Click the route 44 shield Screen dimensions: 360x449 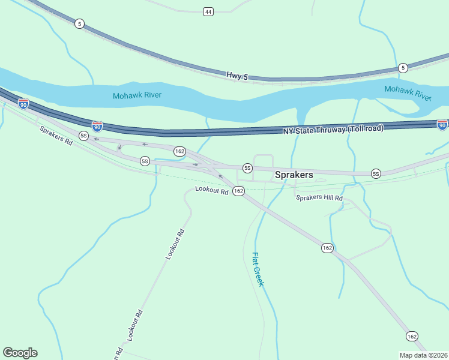pos(208,12)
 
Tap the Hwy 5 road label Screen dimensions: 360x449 pos(237,76)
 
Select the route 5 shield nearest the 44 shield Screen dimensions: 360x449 pos(80,24)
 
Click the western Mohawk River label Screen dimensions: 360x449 pos(137,95)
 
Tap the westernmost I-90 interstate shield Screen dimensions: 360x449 pos(23,104)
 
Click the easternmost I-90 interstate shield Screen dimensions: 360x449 pos(442,124)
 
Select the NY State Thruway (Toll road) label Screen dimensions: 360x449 pos(333,129)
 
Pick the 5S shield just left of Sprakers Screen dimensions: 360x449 pos(247,167)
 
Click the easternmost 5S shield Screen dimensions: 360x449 pos(376,173)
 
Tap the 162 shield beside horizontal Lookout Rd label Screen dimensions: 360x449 pos(238,191)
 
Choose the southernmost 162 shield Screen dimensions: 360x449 pos(411,336)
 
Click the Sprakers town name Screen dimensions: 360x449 pos(294,175)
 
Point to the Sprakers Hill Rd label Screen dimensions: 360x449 pos(319,197)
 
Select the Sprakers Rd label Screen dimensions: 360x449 pos(56,137)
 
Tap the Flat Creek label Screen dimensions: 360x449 pos(258,269)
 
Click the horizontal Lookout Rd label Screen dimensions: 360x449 pos(212,191)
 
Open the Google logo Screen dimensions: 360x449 pos(20,353)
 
